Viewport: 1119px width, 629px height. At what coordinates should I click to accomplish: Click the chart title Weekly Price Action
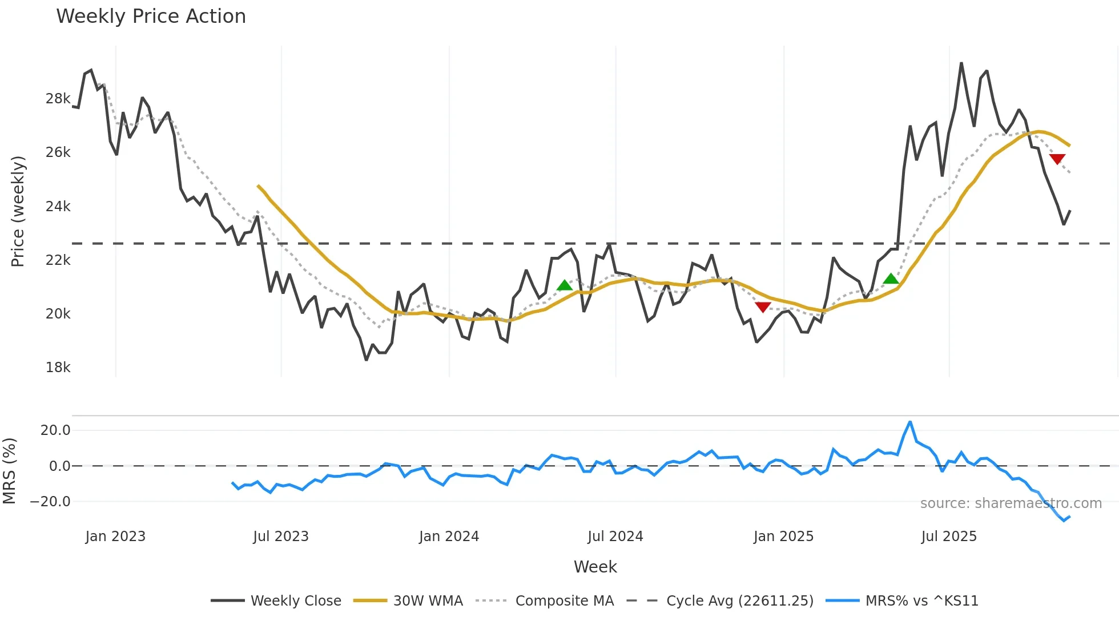click(x=151, y=17)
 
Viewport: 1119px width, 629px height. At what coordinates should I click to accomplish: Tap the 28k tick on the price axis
click(x=58, y=99)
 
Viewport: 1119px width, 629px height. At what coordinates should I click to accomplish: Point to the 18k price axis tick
click(x=58, y=368)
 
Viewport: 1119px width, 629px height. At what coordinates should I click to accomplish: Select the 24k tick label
click(x=58, y=207)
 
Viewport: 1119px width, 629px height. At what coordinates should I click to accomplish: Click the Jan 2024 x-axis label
click(x=449, y=537)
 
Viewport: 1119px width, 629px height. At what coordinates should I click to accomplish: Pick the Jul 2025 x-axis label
click(x=949, y=537)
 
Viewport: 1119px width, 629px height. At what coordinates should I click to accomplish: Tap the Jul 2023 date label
click(x=280, y=537)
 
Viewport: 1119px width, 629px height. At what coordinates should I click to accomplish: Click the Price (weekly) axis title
click(x=18, y=211)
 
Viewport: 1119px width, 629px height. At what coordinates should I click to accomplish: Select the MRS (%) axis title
click(x=10, y=471)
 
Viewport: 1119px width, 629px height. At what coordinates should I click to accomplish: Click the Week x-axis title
click(x=595, y=567)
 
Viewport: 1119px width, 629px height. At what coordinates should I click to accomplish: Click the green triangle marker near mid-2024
click(x=564, y=285)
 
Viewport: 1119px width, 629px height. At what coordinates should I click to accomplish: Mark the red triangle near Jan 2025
click(x=763, y=307)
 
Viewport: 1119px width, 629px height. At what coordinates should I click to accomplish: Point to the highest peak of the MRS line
click(x=910, y=422)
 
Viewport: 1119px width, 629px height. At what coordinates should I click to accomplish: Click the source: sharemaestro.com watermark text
click(x=1011, y=503)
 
